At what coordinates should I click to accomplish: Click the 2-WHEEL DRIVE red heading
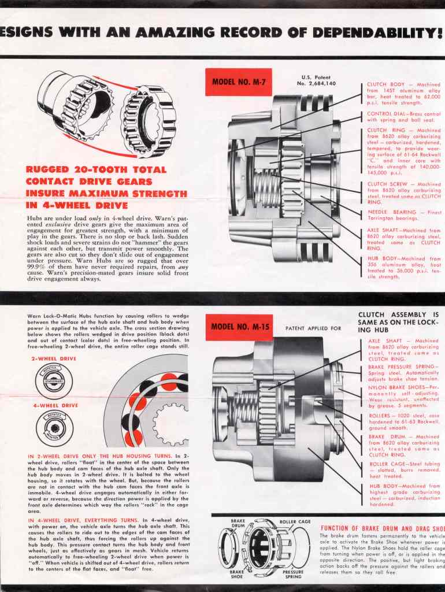[x=54, y=358]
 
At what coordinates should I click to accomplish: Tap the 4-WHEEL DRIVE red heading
[x=54, y=405]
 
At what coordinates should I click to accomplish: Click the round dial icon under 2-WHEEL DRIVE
[x=53, y=381]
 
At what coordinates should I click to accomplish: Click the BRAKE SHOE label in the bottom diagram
[x=237, y=574]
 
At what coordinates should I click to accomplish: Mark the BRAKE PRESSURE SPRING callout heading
[x=403, y=367]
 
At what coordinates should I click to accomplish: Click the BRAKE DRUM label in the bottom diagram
[x=238, y=523]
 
